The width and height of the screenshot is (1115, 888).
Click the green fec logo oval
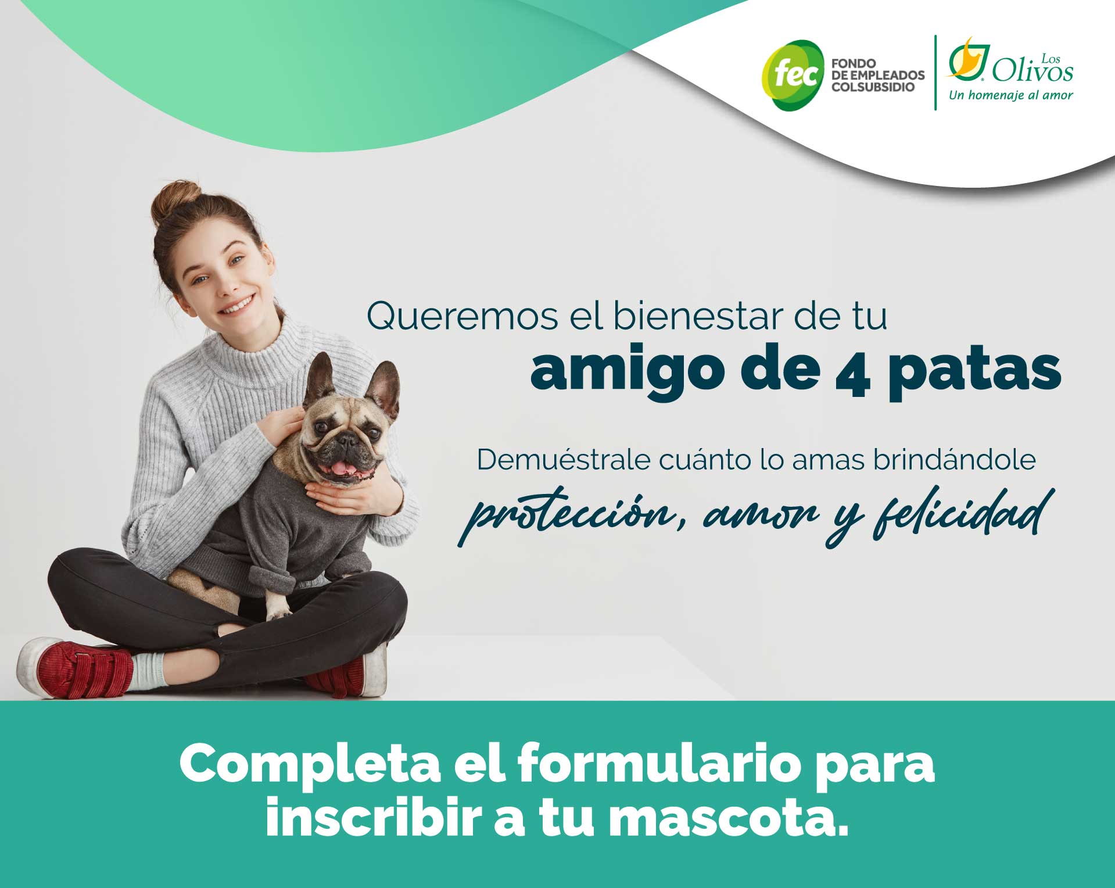[793, 75]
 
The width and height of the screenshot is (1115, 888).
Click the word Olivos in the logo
[1032, 71]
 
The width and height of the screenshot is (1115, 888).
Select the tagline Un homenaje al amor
[1011, 95]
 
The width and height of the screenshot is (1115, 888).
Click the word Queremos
[463, 316]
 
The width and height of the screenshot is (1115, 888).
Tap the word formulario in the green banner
[660, 764]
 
